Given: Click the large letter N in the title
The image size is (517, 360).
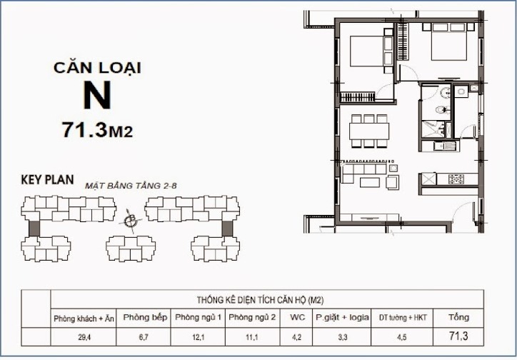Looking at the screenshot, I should pyautogui.click(x=97, y=95).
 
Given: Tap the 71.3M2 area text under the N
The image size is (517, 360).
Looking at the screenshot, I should pyautogui.click(x=98, y=130).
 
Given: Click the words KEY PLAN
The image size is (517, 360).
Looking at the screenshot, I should pyautogui.click(x=47, y=180).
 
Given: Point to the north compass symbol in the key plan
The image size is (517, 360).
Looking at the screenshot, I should pyautogui.click(x=129, y=221).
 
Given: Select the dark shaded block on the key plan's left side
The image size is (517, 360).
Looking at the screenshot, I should pyautogui.click(x=34, y=228).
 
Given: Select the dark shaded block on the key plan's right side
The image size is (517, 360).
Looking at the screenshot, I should pyautogui.click(x=228, y=228).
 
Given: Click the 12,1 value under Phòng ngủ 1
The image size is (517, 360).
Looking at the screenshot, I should pyautogui.click(x=199, y=336).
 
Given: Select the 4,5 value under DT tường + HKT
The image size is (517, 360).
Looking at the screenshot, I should pyautogui.click(x=403, y=336).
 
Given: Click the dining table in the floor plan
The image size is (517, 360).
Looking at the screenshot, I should pyautogui.click(x=369, y=131).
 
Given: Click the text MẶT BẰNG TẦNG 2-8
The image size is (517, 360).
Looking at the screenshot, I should pyautogui.click(x=131, y=185).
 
